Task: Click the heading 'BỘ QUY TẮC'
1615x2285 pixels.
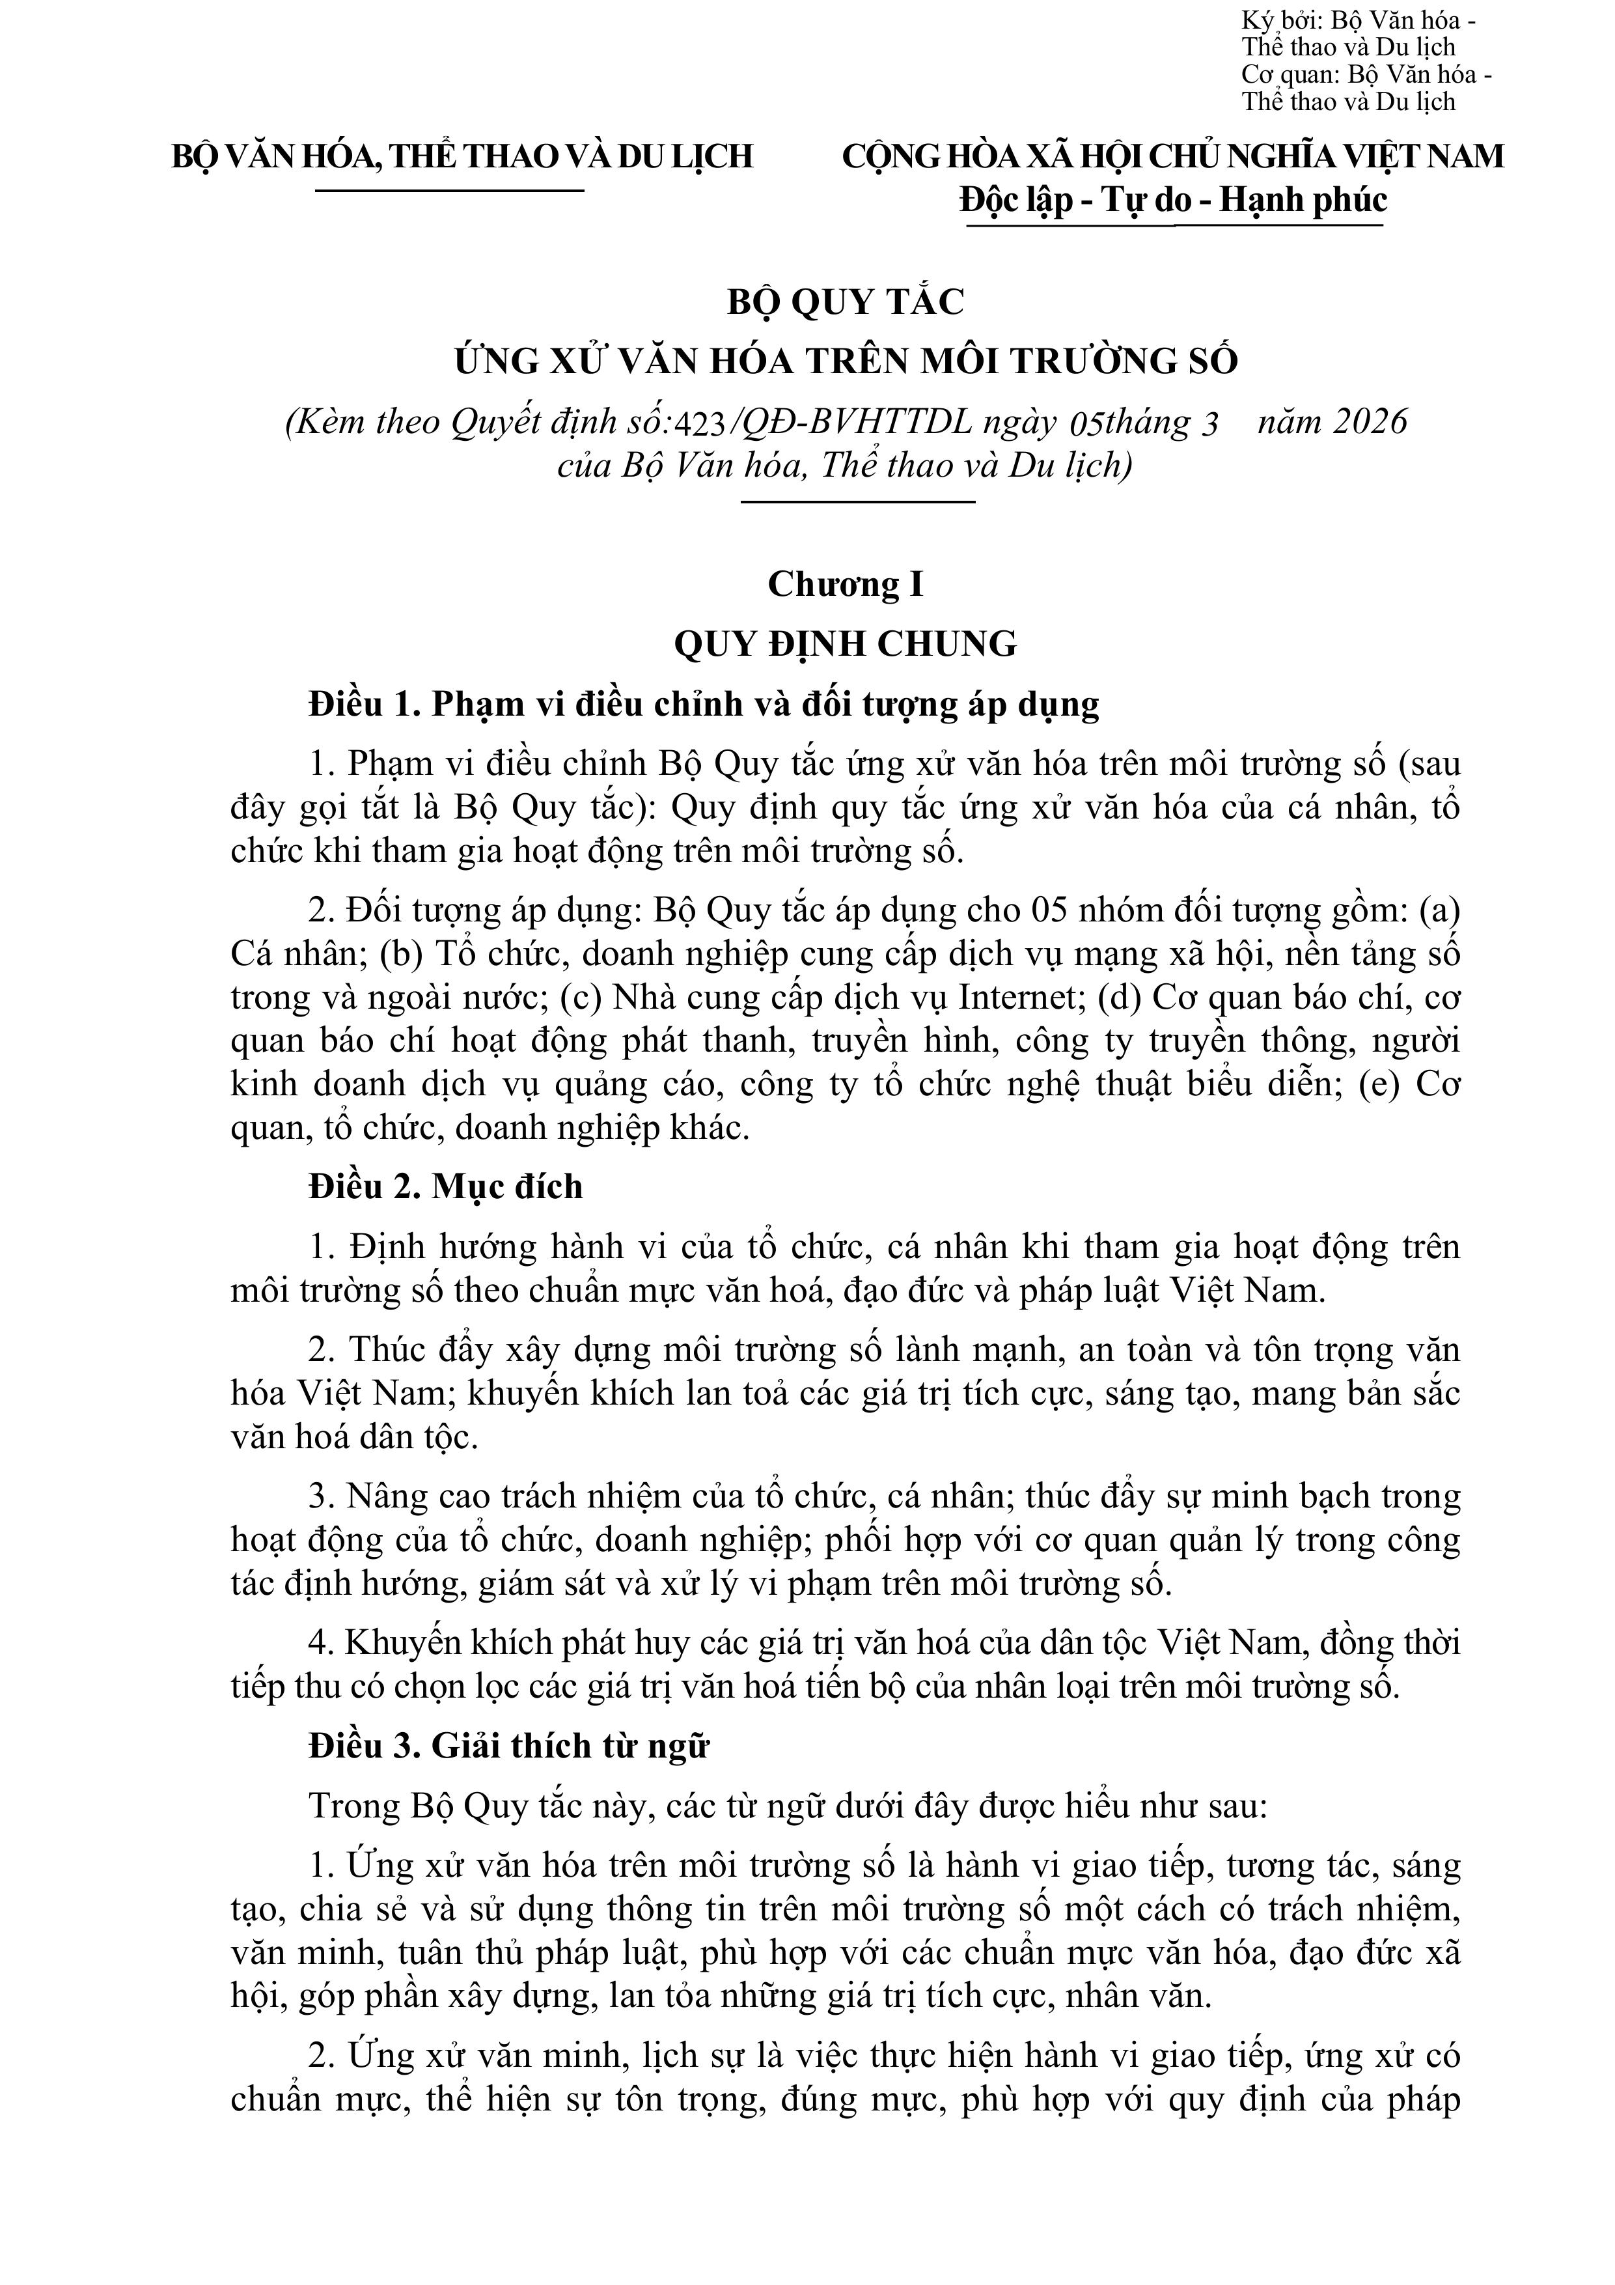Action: click(x=846, y=301)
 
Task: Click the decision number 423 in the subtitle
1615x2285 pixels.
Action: click(x=702, y=424)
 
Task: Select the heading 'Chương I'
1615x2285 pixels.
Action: click(x=846, y=584)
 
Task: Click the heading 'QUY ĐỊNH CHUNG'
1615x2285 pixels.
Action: click(x=846, y=644)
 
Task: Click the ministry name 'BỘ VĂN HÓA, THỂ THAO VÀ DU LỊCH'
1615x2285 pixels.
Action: click(x=463, y=157)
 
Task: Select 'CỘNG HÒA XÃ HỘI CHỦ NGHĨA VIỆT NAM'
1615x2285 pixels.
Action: click(x=1173, y=157)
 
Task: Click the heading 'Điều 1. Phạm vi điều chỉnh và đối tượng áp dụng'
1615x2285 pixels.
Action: click(x=704, y=705)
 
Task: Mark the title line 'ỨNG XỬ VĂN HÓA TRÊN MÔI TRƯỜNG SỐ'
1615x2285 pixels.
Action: click(x=846, y=360)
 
